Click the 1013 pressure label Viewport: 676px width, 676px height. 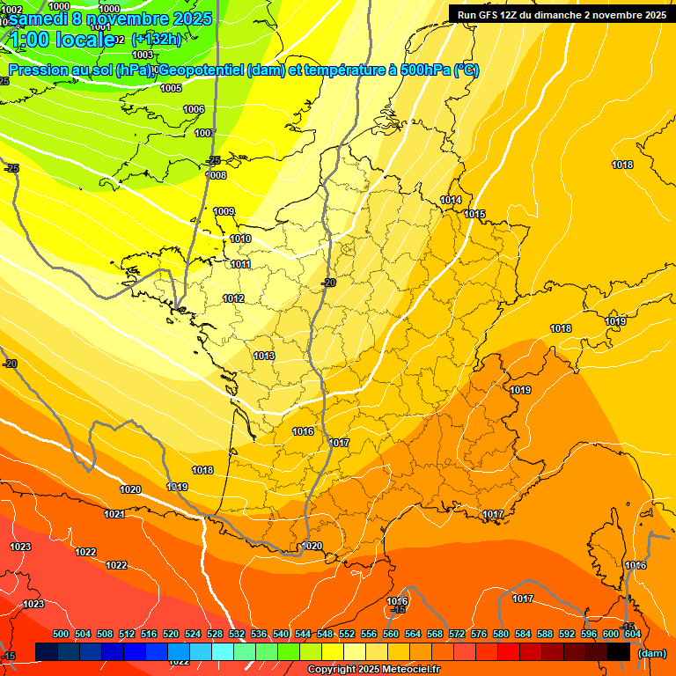(x=264, y=356)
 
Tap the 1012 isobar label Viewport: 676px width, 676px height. (x=233, y=299)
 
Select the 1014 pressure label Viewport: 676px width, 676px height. (x=451, y=201)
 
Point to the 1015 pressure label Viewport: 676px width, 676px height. (x=475, y=214)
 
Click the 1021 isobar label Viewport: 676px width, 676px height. (x=114, y=514)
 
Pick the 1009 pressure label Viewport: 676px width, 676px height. (x=224, y=211)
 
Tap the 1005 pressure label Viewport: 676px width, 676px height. (x=171, y=88)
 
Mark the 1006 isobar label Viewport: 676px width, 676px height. (x=194, y=109)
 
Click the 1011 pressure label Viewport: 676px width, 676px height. (x=240, y=264)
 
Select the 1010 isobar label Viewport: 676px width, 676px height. (x=240, y=239)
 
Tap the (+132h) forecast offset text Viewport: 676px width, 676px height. (x=156, y=39)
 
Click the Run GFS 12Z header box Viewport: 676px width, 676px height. (x=562, y=14)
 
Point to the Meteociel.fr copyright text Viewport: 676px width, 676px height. (x=373, y=670)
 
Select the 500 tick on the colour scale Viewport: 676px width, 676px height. (x=61, y=634)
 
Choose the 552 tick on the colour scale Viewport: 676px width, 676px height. (x=347, y=634)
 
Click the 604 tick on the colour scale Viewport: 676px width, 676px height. (x=632, y=634)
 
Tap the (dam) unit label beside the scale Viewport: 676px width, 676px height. (x=651, y=653)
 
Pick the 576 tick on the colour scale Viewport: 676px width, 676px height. (x=479, y=634)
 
